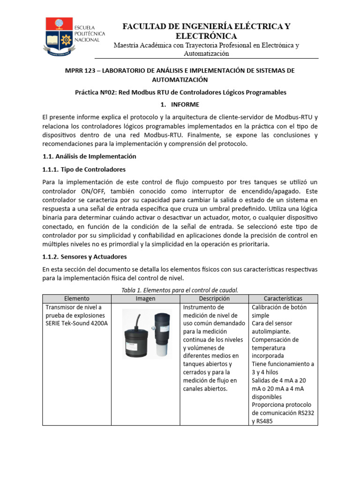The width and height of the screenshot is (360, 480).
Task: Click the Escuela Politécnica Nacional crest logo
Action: pos(59,36)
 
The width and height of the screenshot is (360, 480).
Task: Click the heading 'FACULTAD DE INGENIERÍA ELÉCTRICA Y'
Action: pos(206,27)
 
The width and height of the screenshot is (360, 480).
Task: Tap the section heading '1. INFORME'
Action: pos(180,105)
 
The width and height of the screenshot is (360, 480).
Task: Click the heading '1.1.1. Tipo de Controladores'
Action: pos(84,169)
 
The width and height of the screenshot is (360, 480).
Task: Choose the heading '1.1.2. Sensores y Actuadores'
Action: pos(84,257)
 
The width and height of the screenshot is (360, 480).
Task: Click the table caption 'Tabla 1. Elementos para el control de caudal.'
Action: pos(180,290)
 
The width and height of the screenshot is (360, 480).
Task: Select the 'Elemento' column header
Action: pos(76,299)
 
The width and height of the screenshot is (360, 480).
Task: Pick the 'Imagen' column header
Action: pos(145,299)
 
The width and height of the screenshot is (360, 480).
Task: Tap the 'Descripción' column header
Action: pos(214,299)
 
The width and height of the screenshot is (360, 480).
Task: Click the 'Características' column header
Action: pos(283,299)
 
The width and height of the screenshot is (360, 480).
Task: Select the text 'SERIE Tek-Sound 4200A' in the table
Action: pos(76,323)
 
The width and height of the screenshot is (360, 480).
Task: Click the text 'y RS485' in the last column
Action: pos(262,421)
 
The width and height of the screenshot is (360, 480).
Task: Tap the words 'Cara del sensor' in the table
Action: pos(272,323)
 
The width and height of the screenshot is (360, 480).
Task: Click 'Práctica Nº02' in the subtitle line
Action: pos(95,92)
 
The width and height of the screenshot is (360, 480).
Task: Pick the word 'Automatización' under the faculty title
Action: pos(206,53)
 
